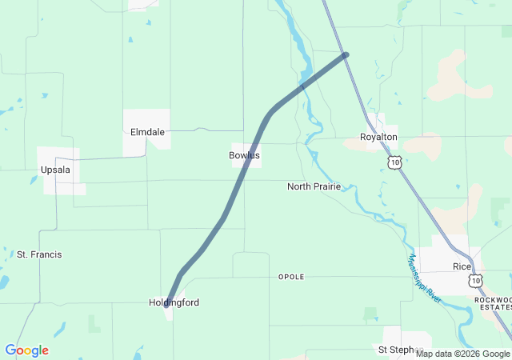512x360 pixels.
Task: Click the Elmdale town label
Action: [146, 133]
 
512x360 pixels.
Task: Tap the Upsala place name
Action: [55, 170]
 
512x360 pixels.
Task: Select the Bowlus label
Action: [244, 155]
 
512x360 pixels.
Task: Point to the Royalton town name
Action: [378, 138]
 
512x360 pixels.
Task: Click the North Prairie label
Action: [314, 186]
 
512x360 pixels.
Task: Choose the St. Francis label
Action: [39, 254]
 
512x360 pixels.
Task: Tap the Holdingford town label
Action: [174, 302]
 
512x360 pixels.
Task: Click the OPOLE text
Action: [291, 277]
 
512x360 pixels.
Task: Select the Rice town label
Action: [462, 266]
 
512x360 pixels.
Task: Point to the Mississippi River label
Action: [424, 278]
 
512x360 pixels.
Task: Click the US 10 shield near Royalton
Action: [394, 162]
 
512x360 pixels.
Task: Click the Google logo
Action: [26, 350]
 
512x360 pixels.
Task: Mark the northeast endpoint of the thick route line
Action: [346, 54]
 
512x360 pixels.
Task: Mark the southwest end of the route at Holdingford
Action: [166, 304]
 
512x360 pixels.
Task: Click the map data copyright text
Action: [462, 354]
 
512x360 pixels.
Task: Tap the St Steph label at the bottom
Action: [395, 350]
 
